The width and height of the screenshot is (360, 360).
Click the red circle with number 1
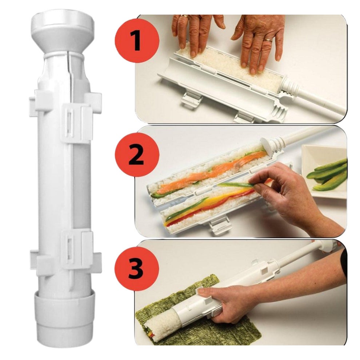(136, 41)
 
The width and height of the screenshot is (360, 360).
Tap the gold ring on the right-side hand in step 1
(268, 40)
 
